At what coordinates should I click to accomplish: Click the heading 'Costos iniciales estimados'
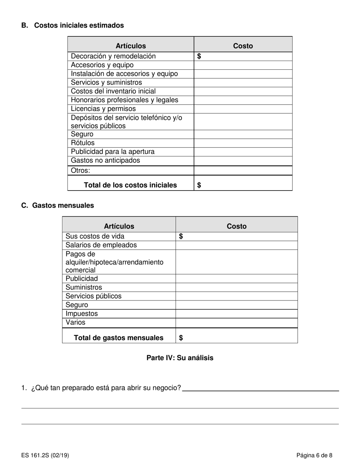click(79, 25)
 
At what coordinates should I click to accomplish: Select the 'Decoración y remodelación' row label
click(113, 56)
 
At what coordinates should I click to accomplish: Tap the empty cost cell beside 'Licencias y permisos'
click(243, 109)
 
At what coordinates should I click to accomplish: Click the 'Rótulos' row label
click(83, 143)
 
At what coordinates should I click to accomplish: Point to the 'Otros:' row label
click(80, 170)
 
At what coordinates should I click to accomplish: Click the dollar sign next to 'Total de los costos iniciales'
click(199, 185)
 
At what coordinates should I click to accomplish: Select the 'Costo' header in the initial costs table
click(243, 46)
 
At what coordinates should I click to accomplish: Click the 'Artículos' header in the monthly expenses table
click(119, 226)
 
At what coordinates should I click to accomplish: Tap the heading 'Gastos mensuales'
click(63, 205)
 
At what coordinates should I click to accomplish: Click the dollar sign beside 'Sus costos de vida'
click(181, 236)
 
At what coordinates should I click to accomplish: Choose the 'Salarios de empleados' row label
click(101, 245)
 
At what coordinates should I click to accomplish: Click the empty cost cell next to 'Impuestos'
click(236, 314)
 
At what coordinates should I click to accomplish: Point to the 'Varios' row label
click(75, 322)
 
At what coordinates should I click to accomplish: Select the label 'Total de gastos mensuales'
click(119, 338)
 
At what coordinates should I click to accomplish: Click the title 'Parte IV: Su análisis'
click(180, 358)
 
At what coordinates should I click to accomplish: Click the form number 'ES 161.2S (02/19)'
click(45, 455)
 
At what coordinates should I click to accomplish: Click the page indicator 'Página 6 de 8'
click(315, 455)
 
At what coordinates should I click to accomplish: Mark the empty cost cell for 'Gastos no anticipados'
click(243, 161)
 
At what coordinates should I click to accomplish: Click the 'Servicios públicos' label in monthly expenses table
click(94, 296)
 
